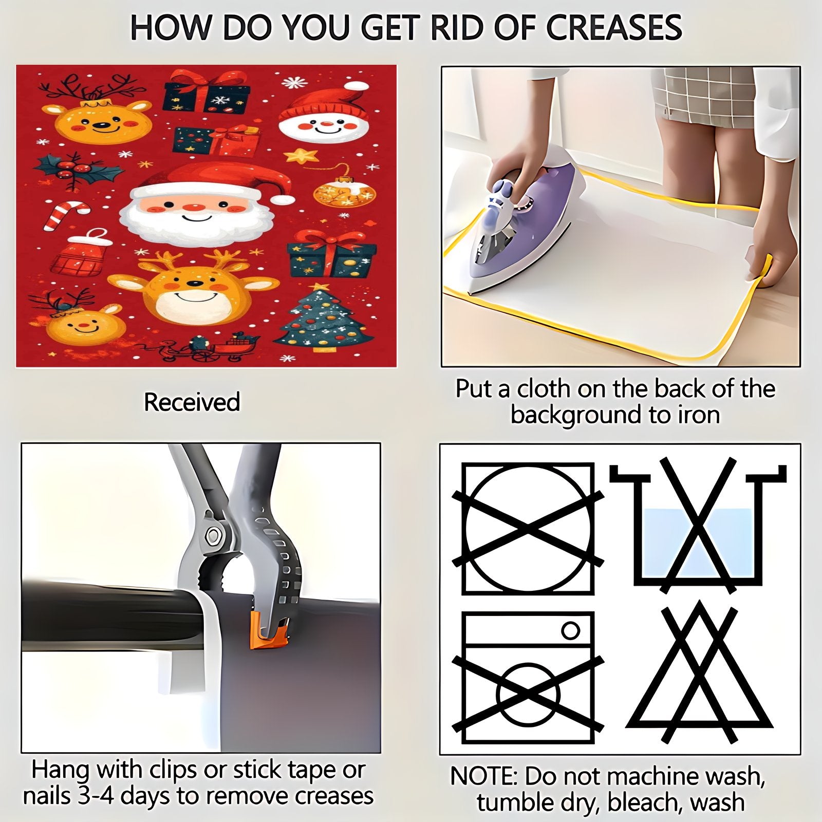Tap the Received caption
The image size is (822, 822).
pyautogui.click(x=192, y=402)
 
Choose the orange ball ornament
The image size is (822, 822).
pyautogui.click(x=344, y=193)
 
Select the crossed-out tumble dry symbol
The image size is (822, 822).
pyautogui.click(x=528, y=529)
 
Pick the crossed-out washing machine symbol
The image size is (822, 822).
pyautogui.click(x=528, y=678)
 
